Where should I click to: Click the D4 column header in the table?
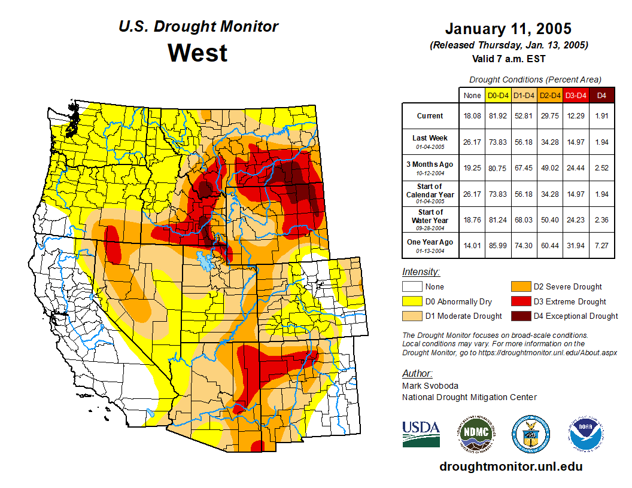pos(602,95)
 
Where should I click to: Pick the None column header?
pos(472,95)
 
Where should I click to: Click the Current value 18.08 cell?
pos(472,116)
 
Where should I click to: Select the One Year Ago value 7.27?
pos(602,243)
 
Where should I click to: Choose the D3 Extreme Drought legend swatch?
pos(521,301)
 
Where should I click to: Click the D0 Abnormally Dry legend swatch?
pos(412,301)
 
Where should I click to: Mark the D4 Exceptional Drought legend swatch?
pos(521,316)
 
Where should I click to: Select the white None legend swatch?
pos(412,287)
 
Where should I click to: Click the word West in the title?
pos(197,53)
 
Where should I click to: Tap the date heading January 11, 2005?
pos(508,29)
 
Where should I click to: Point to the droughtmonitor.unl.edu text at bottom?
pos(511,466)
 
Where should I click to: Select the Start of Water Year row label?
pos(430,216)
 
